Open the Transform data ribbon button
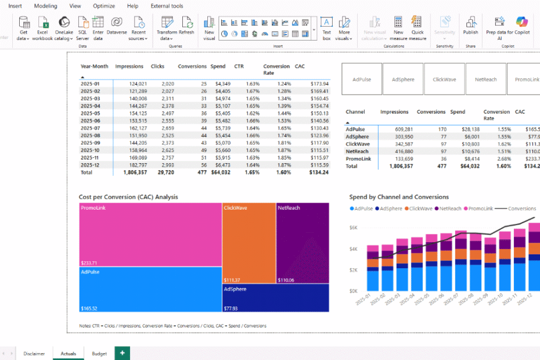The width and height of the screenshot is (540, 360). [167, 28]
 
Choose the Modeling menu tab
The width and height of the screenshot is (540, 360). [45, 6]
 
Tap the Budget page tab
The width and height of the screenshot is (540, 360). [99, 353]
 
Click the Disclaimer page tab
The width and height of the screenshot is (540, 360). [34, 353]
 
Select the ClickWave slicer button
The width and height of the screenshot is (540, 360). [444, 79]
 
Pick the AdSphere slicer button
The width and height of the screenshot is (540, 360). [403, 79]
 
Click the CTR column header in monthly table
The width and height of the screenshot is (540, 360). [239, 66]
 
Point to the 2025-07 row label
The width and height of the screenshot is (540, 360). [91, 128]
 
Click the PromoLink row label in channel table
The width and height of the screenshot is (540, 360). [358, 159]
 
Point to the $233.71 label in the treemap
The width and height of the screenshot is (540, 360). [89, 262]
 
